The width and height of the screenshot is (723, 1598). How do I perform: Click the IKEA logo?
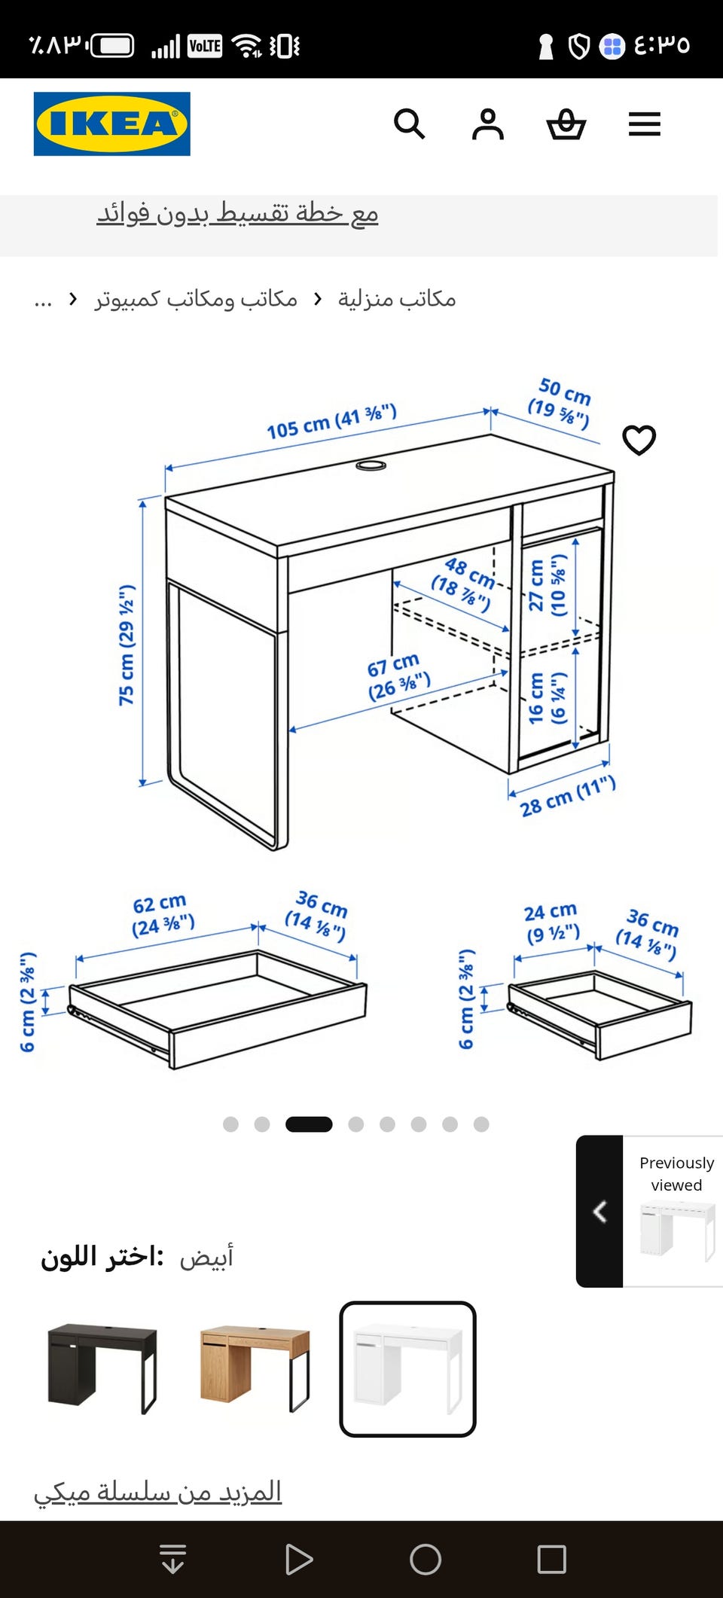point(111,124)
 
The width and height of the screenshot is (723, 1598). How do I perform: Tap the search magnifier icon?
point(410,124)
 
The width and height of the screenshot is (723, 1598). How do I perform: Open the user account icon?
point(488,124)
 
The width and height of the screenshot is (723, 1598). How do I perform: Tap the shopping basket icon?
point(566,124)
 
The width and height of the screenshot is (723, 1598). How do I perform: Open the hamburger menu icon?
point(645,124)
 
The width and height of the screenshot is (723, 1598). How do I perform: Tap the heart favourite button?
point(639,440)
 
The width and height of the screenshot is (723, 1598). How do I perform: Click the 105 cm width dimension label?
point(331,422)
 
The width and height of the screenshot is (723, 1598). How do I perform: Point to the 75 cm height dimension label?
point(127,645)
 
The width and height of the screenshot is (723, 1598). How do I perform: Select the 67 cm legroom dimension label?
point(398,676)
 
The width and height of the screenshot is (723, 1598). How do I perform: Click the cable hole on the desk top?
point(371,466)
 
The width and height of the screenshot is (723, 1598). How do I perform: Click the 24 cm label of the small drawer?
point(552,923)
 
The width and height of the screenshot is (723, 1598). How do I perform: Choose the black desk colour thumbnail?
point(102,1368)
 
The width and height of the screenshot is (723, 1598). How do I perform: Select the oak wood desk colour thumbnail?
point(255,1368)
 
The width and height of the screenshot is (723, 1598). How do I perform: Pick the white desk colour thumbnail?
point(407,1368)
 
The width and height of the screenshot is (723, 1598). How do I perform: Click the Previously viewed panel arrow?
point(599,1212)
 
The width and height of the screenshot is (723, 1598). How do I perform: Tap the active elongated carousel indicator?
point(309,1124)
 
